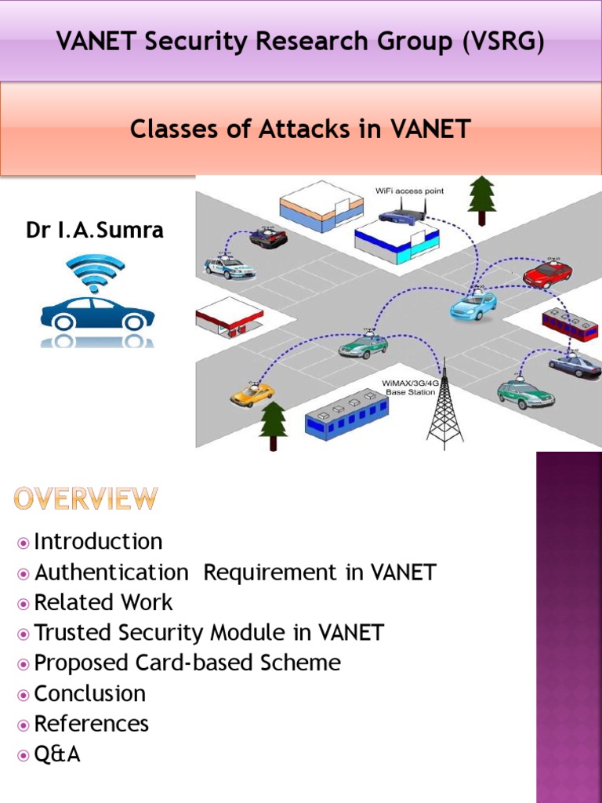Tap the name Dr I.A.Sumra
96,231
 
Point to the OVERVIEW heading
85,500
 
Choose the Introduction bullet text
98,542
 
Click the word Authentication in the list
111,572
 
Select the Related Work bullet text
103,602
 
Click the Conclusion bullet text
90,693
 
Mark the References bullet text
92,723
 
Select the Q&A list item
57,754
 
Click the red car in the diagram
547,274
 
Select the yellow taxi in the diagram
252,394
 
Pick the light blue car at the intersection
473,305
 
